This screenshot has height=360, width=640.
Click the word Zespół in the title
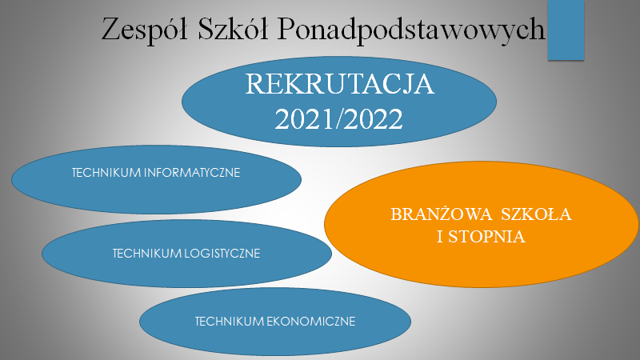point(145,30)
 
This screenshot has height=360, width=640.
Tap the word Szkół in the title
point(233,29)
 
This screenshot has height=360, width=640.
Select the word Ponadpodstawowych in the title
point(411,30)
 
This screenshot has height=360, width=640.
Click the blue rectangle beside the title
point(566,30)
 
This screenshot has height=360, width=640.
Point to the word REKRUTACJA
point(339,84)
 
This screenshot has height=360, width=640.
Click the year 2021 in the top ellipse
point(304,118)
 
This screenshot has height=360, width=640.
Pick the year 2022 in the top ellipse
point(374,118)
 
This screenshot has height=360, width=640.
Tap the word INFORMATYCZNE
point(192,173)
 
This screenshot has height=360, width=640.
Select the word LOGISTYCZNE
point(222,254)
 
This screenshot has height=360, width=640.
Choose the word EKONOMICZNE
point(311,322)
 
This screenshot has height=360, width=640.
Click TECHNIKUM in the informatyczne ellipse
point(106,173)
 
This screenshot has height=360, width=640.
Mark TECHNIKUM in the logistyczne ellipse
point(147,254)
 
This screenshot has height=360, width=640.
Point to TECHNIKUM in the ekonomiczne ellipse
point(230,322)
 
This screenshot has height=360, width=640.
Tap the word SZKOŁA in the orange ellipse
point(536,214)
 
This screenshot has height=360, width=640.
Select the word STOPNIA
point(486,237)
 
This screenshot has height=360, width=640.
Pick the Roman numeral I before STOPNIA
point(440,237)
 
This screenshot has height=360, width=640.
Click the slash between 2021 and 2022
point(339,118)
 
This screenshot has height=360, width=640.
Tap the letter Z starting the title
point(110,29)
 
